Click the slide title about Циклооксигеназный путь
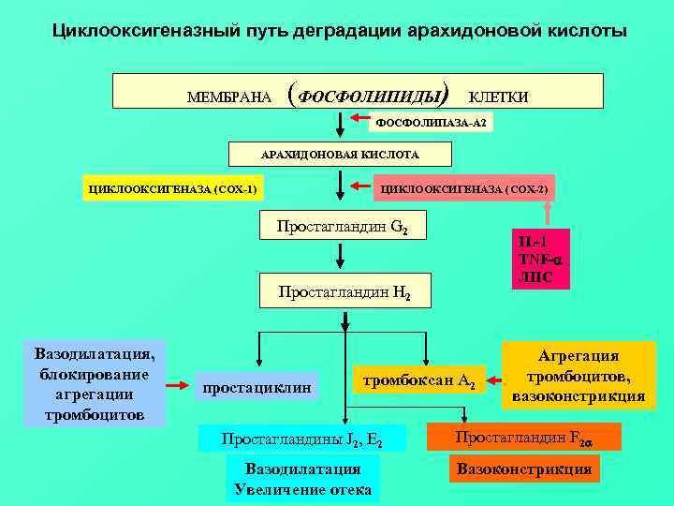click(x=338, y=32)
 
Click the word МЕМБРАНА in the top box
click(x=229, y=97)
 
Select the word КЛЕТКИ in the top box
click(x=498, y=97)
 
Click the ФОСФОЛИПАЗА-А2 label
click(x=432, y=123)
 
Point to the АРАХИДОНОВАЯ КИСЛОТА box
click(x=340, y=154)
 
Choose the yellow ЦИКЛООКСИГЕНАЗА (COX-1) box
click(x=172, y=190)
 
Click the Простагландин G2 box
click(x=342, y=226)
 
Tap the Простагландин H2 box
click(x=344, y=290)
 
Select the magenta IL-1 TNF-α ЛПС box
click(x=540, y=259)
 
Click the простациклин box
click(x=256, y=386)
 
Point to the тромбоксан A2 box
click(x=418, y=379)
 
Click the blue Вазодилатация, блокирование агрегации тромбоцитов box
click(x=95, y=382)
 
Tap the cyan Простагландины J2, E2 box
click(x=301, y=439)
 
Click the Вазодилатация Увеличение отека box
click(x=302, y=479)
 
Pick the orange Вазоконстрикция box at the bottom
click(x=524, y=469)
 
